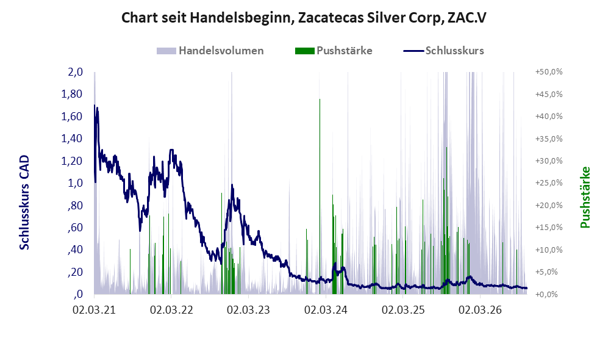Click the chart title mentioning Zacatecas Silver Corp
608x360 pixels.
304,18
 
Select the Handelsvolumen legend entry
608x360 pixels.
210,51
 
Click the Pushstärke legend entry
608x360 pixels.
334,51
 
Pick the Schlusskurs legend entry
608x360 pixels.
443,51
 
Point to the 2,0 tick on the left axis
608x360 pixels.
76,72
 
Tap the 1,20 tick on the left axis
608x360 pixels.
72,160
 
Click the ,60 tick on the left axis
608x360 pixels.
75,228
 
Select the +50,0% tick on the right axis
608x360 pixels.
549,72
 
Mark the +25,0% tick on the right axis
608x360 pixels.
549,183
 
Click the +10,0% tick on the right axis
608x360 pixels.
549,250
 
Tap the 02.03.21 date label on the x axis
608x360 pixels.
95,311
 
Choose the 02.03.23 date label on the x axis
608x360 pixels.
248,311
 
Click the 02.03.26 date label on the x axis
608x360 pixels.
480,311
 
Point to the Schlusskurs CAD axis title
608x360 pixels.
24,203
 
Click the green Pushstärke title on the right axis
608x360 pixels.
585,198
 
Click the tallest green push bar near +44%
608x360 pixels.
320,196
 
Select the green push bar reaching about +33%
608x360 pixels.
446,220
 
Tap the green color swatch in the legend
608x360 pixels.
304,51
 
